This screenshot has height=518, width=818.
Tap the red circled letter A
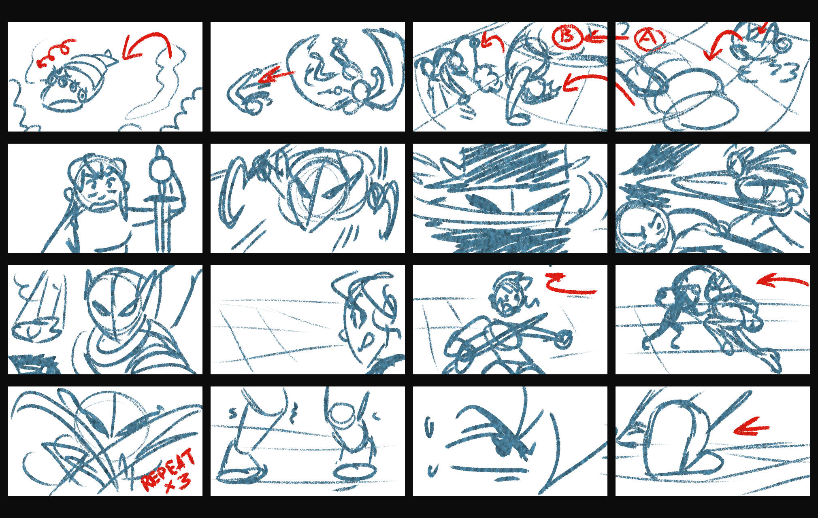(650, 38)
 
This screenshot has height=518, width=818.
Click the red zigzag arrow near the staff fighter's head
(570, 283)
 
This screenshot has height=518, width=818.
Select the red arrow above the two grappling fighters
(782, 280)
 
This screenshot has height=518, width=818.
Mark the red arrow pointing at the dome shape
(751, 427)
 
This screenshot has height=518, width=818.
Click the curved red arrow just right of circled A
(723, 42)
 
